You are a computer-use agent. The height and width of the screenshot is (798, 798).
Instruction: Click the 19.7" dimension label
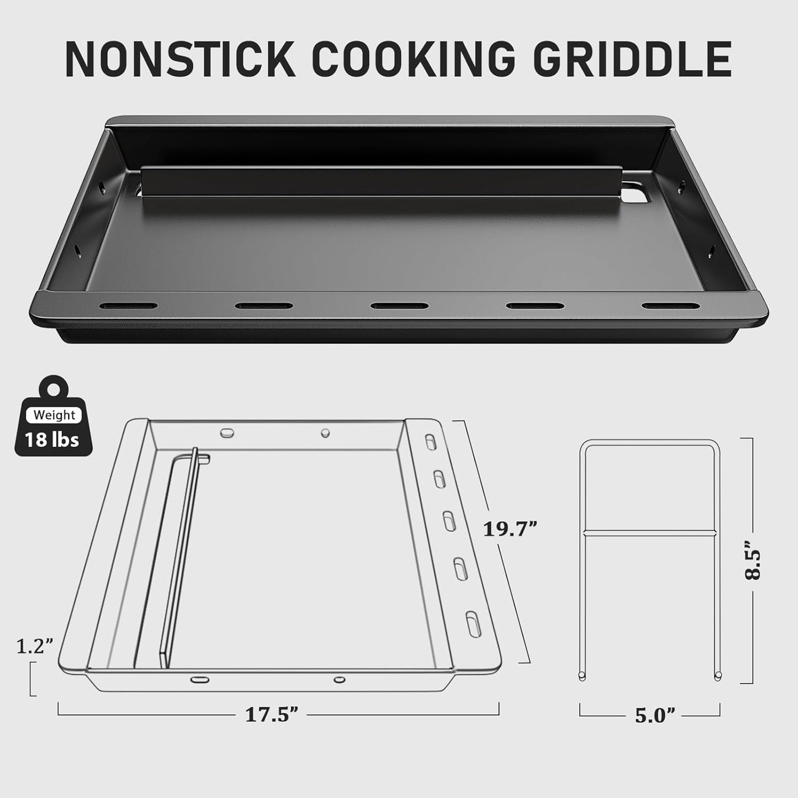click(510, 530)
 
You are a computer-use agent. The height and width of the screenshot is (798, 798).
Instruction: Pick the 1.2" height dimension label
click(34, 646)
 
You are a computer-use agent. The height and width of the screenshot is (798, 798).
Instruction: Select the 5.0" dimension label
click(655, 716)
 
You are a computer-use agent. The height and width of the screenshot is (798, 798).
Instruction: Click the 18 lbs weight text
click(52, 440)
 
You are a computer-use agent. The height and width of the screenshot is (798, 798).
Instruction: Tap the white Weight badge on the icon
click(54, 415)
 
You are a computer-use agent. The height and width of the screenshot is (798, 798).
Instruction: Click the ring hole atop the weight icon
click(54, 389)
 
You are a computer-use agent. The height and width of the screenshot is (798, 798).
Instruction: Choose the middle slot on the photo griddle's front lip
click(399, 306)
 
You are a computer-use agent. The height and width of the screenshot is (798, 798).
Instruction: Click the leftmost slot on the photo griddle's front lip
click(128, 305)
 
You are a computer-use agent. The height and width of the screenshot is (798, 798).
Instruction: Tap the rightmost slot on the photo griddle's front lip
click(669, 305)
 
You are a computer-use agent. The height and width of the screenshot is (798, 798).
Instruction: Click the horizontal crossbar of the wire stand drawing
click(649, 533)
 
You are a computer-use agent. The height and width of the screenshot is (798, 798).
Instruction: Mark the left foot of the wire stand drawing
click(582, 676)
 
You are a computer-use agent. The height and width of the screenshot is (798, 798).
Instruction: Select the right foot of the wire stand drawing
click(717, 676)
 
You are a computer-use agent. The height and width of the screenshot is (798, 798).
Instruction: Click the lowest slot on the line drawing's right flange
click(473, 624)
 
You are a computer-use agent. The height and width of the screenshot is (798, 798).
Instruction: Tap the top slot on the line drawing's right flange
click(430, 441)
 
